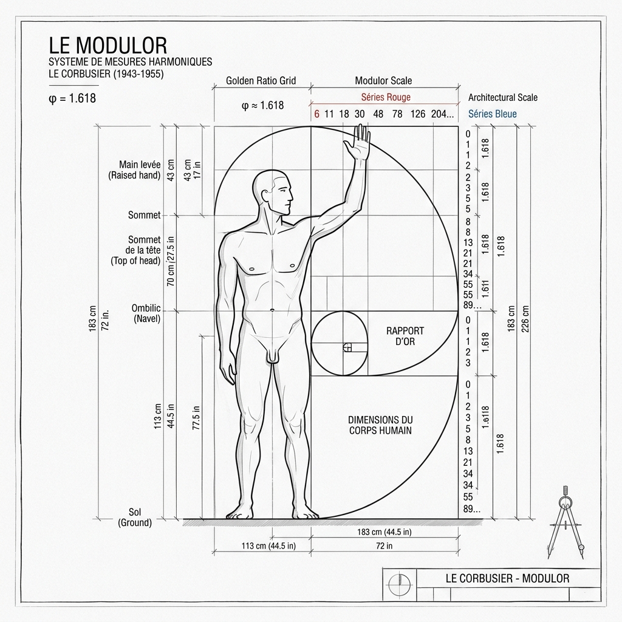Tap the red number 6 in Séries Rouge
(x=316, y=114)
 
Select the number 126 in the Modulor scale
(x=418, y=114)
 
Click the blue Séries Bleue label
(x=492, y=114)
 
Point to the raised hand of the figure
(x=358, y=143)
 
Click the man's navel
(x=272, y=310)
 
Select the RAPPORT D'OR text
(x=405, y=336)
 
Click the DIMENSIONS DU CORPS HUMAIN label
(x=380, y=425)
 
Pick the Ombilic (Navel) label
(x=146, y=313)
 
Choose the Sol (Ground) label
(x=135, y=518)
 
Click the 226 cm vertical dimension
(x=525, y=318)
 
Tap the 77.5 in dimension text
(x=196, y=418)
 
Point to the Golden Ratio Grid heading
(x=261, y=81)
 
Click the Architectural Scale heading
(x=502, y=97)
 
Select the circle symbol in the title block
(x=400, y=585)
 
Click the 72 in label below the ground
(x=384, y=546)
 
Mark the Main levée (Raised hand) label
(x=134, y=170)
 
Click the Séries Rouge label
(x=386, y=97)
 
